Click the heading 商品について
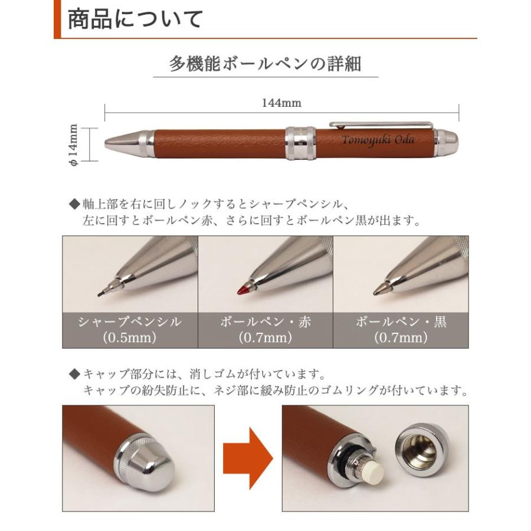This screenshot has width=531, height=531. pos(135,19)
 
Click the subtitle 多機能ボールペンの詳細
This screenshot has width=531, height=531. pos(265,63)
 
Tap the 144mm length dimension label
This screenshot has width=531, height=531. pos(281,103)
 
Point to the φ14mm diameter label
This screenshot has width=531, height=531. pos(74,145)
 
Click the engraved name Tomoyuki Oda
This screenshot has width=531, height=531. pos(378,140)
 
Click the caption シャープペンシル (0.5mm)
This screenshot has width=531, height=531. pos(130,330)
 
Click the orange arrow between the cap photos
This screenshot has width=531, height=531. pos(247,457)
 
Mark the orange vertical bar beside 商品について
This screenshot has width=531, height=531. pos(57,19)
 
